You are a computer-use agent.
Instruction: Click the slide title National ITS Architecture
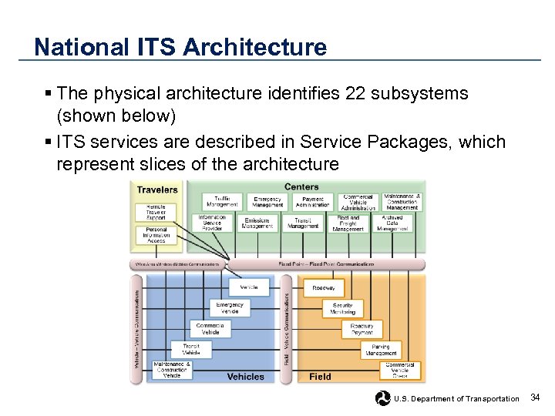(x=180, y=47)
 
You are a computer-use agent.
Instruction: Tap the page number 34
(x=536, y=398)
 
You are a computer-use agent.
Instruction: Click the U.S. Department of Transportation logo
(x=383, y=398)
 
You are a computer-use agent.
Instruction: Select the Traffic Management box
(x=222, y=202)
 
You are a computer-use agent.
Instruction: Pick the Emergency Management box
(x=267, y=202)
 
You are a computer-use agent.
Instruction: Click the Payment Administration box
(x=312, y=202)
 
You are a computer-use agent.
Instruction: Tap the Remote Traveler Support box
(x=156, y=212)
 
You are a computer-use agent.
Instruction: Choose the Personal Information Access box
(x=156, y=235)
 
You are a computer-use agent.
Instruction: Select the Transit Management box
(x=303, y=223)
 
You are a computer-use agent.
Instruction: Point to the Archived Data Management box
(x=392, y=223)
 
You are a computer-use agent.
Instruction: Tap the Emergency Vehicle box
(x=230, y=308)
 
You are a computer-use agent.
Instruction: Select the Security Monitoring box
(x=342, y=308)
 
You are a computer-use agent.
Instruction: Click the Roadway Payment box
(x=362, y=329)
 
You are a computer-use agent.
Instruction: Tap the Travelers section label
(x=157, y=190)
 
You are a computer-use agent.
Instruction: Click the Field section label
(x=321, y=377)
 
